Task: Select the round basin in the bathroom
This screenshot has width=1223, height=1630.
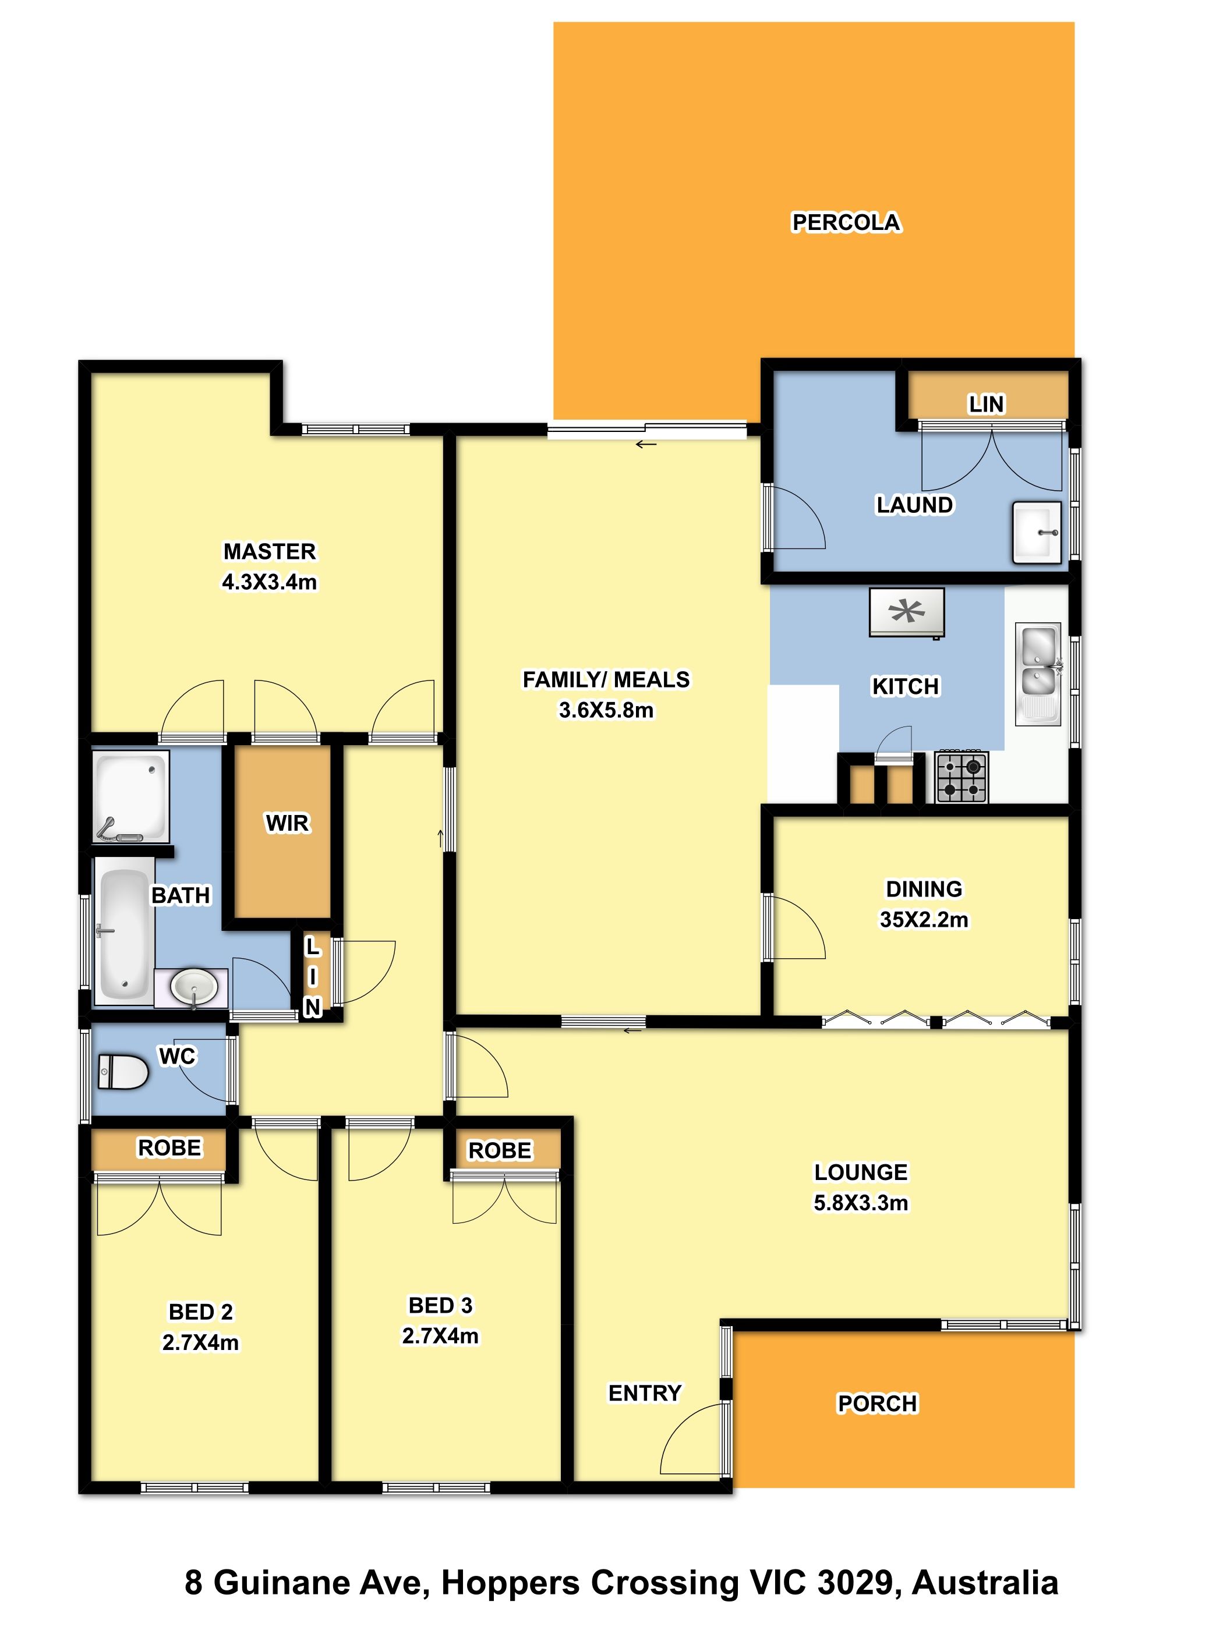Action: coord(193,987)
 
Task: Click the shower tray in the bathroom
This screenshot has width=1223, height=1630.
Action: coord(130,796)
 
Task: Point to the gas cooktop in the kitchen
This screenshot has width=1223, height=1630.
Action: coord(962,777)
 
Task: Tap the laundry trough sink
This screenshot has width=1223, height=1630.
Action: coord(1037,532)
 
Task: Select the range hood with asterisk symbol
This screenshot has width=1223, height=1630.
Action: coord(906,612)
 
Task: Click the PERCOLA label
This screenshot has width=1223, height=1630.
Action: coord(846,222)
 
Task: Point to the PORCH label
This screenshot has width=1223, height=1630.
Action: coord(877,1403)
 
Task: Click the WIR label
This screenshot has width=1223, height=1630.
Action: coord(288,823)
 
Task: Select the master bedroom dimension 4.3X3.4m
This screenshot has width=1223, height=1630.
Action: coord(270,582)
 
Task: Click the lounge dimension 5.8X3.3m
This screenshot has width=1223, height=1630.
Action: coord(860,1203)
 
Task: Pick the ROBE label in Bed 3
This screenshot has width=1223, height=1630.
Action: coord(500,1150)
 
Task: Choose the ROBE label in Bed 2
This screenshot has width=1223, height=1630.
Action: coord(169,1147)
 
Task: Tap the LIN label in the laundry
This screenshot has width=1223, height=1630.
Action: coord(985,404)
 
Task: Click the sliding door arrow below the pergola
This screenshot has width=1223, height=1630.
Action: coord(646,444)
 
